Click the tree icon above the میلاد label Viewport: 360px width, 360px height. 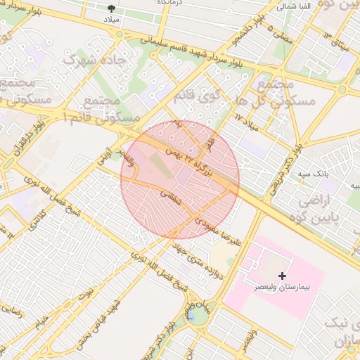pyautogui.click(x=113, y=8)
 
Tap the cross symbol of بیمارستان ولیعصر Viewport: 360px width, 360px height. pyautogui.click(x=283, y=275)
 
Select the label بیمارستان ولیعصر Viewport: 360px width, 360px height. pyautogui.click(x=284, y=288)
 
